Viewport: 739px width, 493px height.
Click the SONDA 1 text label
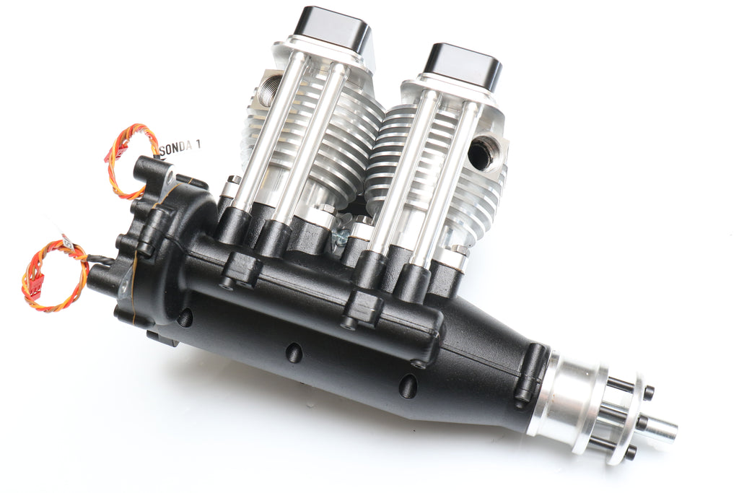coord(178,147)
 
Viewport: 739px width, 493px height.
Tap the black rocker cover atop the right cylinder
coord(463,66)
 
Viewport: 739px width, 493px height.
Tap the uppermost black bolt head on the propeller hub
coord(648,393)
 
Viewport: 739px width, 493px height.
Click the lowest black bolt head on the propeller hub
coord(630,454)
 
